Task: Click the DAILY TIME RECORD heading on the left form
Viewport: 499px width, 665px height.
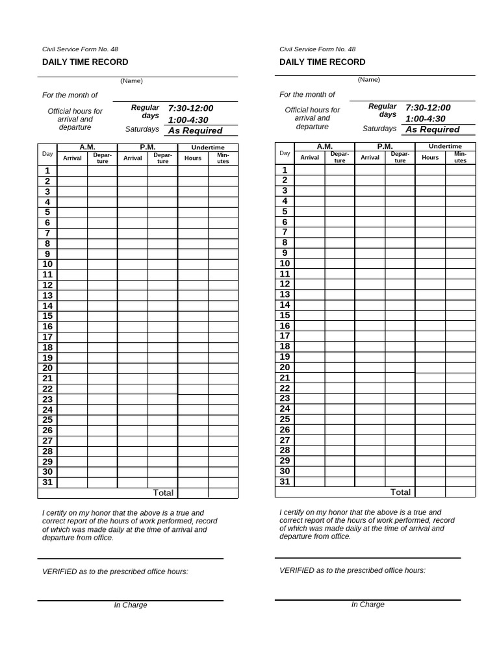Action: click(85, 62)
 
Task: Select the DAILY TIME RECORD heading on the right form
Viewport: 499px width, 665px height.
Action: click(322, 62)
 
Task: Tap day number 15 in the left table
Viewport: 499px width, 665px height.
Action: click(47, 316)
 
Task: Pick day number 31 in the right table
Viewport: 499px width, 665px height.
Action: click(285, 481)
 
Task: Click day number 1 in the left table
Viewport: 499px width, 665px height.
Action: click(47, 171)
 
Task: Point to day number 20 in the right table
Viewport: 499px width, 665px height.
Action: click(285, 367)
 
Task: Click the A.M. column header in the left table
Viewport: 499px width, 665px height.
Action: click(87, 147)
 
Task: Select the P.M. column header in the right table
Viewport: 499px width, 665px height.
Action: click(385, 147)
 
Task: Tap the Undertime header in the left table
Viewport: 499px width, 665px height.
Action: click(208, 147)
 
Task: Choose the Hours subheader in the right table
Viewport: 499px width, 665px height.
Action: click(430, 157)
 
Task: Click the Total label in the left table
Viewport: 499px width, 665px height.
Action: click(162, 493)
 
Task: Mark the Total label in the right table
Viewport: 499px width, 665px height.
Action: click(400, 492)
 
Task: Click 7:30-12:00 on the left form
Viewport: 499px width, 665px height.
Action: click(190, 108)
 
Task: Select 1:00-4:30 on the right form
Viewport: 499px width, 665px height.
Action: click(426, 119)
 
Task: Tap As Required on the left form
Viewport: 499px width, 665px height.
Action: click(195, 131)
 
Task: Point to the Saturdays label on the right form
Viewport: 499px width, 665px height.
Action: click(379, 129)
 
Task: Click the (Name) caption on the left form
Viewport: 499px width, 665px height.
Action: click(131, 81)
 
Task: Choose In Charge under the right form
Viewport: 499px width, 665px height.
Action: click(368, 605)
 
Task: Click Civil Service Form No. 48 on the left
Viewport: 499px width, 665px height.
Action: click(80, 49)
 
